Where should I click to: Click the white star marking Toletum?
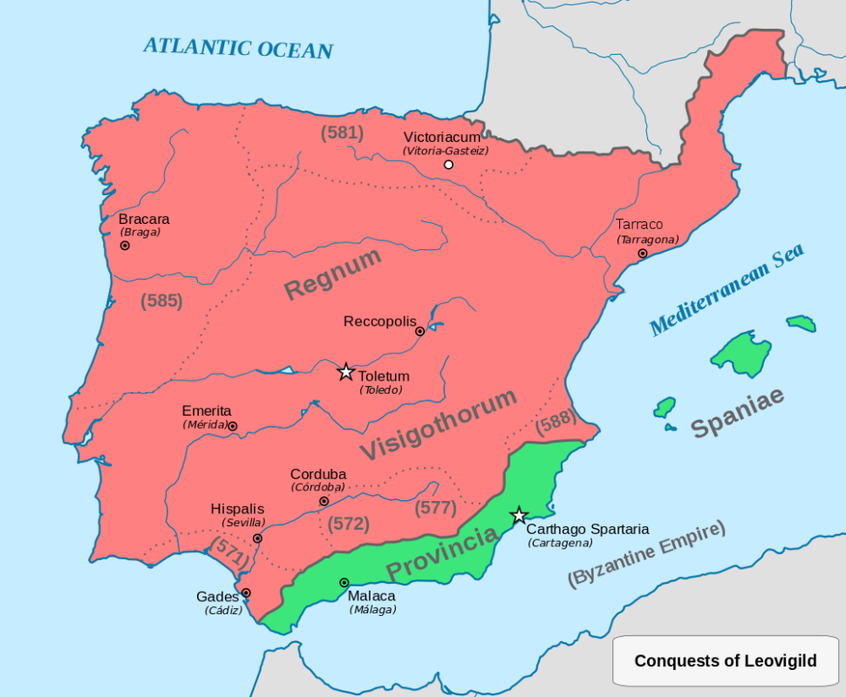[x=346, y=372]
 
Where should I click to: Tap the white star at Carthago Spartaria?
[x=519, y=515]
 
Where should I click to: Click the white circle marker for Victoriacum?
[x=448, y=165]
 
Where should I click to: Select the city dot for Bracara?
[x=125, y=246]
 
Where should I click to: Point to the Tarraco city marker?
[x=643, y=254]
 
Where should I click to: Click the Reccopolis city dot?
[x=420, y=331]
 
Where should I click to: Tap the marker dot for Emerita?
[x=232, y=426]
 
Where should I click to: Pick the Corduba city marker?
[x=324, y=501]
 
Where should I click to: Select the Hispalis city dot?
[x=257, y=538]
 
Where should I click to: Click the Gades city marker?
[x=246, y=592]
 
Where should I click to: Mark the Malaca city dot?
[x=344, y=582]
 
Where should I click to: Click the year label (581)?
[x=342, y=133]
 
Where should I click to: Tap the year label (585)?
[x=161, y=301]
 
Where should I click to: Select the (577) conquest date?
[x=436, y=507]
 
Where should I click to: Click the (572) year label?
[x=348, y=524]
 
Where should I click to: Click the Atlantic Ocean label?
[x=238, y=47]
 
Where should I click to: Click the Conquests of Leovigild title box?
[x=725, y=660]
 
